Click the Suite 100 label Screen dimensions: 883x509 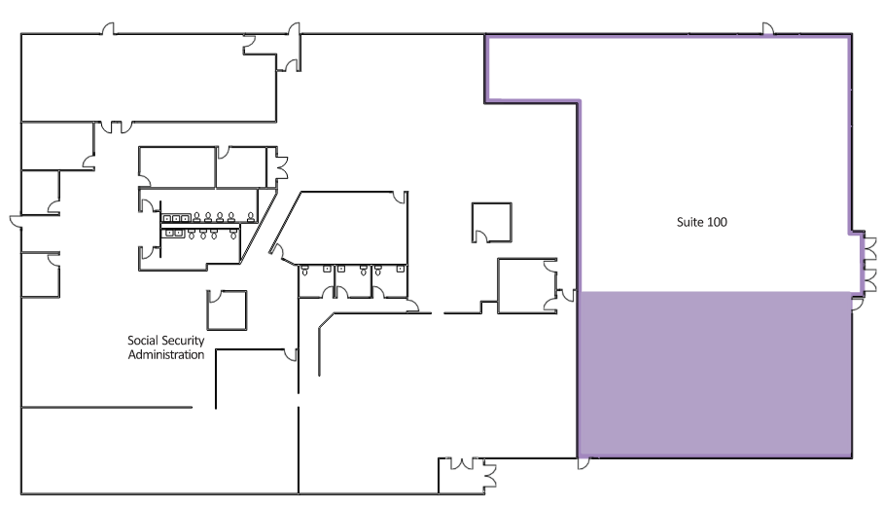click(702, 222)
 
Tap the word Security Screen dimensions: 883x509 click(183, 341)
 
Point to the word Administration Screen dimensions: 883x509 click(166, 354)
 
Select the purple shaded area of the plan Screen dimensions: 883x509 click(714, 374)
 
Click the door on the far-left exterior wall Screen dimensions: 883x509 click(16, 222)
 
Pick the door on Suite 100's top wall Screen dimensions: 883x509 click(767, 29)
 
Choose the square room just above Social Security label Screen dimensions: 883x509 click(227, 310)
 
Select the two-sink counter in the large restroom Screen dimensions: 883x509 click(174, 233)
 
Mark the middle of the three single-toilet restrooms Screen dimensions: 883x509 click(353, 281)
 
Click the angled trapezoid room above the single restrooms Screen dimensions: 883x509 click(343, 227)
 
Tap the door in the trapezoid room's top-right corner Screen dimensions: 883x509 click(400, 198)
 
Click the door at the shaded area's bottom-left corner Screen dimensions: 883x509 click(584, 463)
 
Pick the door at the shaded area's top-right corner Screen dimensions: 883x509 click(857, 304)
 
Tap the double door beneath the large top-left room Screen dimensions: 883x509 click(117, 127)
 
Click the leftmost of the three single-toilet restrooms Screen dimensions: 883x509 click(316, 281)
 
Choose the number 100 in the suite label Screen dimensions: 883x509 click(717, 222)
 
